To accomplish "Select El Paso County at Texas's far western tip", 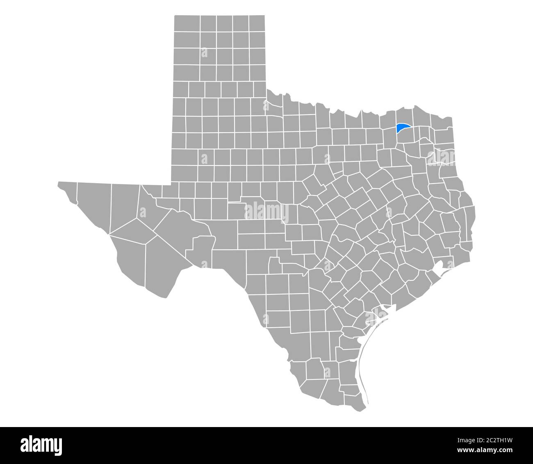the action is (x=68, y=191).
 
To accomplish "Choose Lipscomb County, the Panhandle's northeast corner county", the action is (x=257, y=23).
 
